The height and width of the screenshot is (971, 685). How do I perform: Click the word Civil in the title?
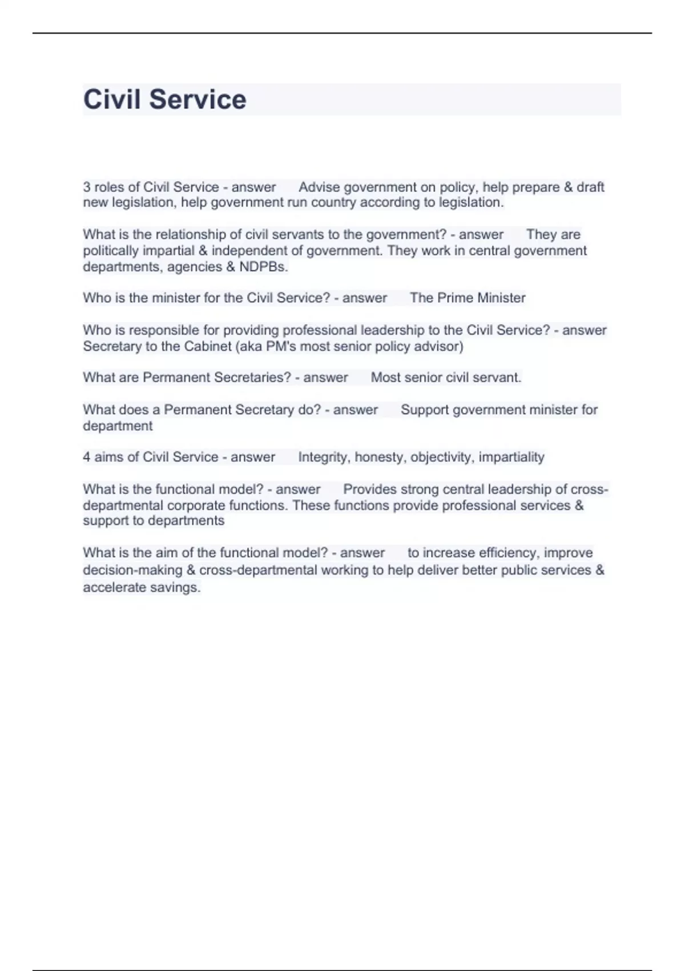point(112,99)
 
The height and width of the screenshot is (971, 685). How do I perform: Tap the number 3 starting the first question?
point(87,187)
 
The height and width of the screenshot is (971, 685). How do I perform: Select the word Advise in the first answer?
point(319,187)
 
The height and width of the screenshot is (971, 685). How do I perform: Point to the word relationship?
point(191,235)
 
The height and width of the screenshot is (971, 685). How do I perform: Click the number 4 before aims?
point(87,457)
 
